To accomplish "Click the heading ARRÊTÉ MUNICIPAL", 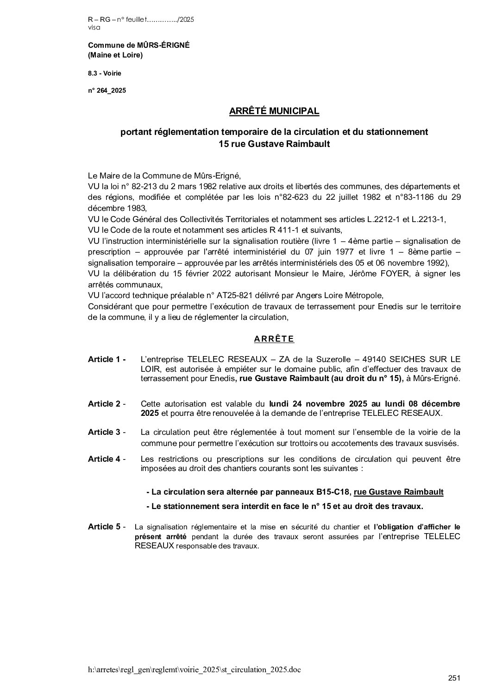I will pos(274,111).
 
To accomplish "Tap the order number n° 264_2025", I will pos(107,91).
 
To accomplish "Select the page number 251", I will pos(454,679).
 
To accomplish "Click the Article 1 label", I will pos(107,359).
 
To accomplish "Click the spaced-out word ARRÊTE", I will pos(274,339).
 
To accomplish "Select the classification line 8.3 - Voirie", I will pos(105,73).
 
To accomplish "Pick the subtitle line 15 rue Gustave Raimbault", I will pos(274,144).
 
